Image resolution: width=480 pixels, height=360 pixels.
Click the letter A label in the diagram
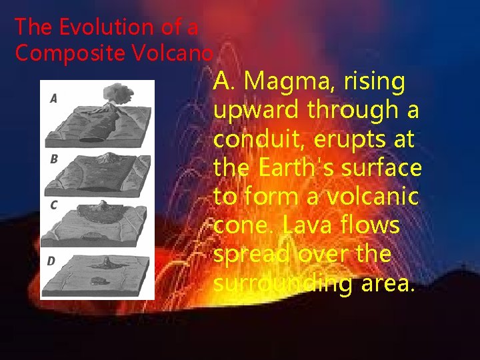[x=53, y=98]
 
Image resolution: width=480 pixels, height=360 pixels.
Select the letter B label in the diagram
[x=54, y=159]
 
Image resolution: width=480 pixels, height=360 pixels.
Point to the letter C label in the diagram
[x=53, y=205]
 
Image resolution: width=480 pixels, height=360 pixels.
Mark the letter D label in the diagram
[x=51, y=261]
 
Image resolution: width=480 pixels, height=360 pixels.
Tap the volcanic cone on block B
[x=106, y=159]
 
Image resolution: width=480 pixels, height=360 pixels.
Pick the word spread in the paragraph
[x=254, y=255]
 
